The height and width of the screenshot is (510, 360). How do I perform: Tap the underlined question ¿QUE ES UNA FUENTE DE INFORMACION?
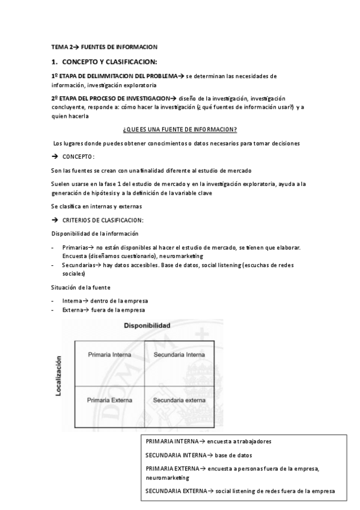point(179,129)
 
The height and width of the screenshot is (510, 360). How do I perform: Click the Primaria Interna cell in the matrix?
point(105,355)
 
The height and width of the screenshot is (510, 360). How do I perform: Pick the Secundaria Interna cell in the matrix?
point(178,355)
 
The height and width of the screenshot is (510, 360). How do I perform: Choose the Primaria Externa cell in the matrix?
point(106,399)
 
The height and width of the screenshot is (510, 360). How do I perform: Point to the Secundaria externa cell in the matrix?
point(178,399)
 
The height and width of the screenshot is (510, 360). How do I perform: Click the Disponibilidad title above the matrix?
point(147,325)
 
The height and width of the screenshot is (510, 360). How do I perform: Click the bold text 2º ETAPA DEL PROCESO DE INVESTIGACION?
point(110,97)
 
